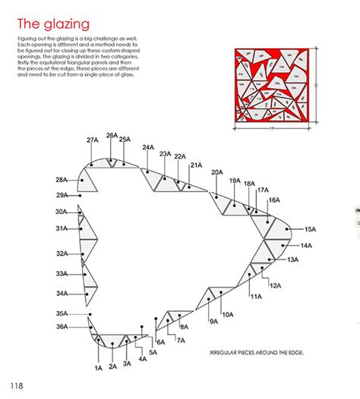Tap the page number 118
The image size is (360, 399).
(x=17, y=386)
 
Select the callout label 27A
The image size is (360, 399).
(x=93, y=140)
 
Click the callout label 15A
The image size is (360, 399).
(x=309, y=228)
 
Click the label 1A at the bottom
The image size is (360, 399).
(x=98, y=368)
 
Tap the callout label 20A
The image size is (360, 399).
(x=217, y=172)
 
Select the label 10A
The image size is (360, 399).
(x=228, y=314)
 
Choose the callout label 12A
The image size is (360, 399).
(x=275, y=285)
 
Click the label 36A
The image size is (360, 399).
(x=62, y=326)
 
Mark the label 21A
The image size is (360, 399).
(x=196, y=165)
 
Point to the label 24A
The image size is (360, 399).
(x=147, y=147)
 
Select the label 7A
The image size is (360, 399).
(x=180, y=341)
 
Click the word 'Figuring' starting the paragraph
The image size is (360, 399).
(x=26, y=39)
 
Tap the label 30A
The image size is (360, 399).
(x=62, y=212)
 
